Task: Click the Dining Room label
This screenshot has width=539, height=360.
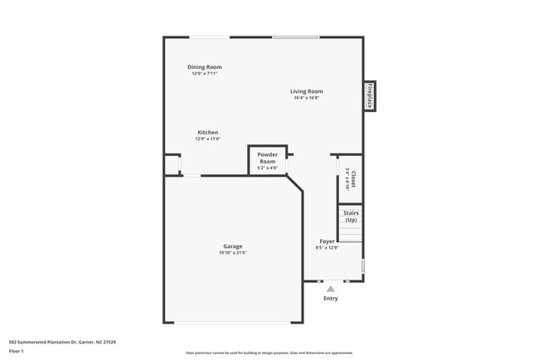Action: [x=204, y=67]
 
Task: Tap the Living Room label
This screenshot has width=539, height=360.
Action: [x=306, y=91]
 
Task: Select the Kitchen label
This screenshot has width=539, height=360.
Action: [x=207, y=133]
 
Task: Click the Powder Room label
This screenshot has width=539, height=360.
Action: [x=267, y=158]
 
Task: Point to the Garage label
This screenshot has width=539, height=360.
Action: [x=232, y=246]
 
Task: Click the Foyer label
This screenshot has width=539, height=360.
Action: [x=327, y=241]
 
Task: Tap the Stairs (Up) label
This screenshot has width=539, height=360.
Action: [x=351, y=216]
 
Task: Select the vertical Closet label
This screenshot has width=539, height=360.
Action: [x=353, y=179]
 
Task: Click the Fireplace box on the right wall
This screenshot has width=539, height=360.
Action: [x=370, y=96]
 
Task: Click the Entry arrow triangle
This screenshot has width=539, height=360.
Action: [x=330, y=288]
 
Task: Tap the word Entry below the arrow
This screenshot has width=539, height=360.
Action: [x=330, y=299]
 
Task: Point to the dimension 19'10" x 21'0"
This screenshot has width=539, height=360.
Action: [x=232, y=253]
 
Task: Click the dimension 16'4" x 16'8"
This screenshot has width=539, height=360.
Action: [x=306, y=98]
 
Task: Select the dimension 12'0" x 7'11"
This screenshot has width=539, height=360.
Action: [x=204, y=74]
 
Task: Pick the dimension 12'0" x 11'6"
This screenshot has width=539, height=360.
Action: [x=207, y=139]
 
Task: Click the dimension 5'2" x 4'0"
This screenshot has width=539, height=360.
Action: [x=267, y=168]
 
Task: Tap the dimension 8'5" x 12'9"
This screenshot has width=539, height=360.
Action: [x=327, y=248]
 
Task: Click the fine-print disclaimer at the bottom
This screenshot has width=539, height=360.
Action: [x=269, y=353]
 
